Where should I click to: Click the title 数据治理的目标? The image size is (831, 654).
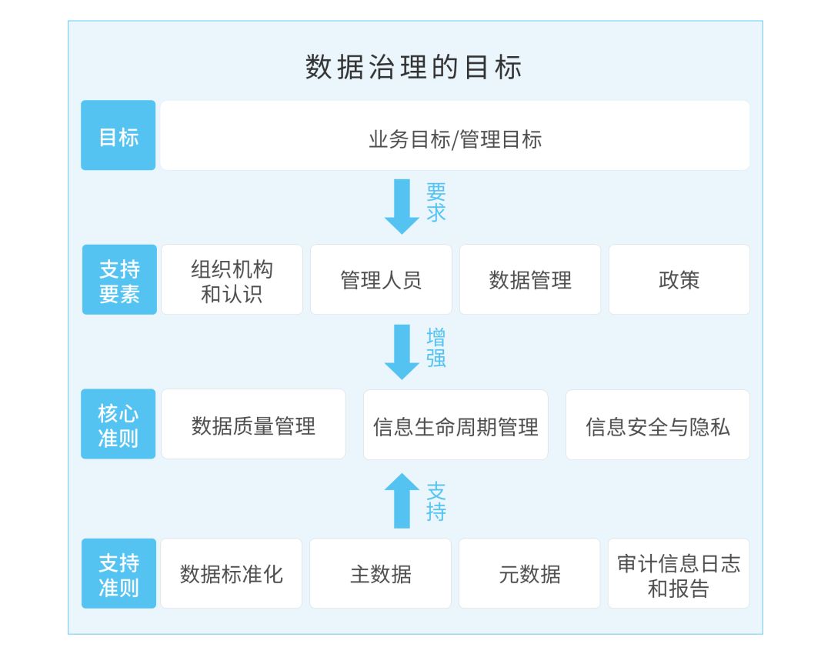coord(414,68)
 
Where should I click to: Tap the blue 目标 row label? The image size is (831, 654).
coord(118,135)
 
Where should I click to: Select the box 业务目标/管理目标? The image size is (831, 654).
coord(455,135)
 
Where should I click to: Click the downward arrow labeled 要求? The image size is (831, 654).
coord(402,205)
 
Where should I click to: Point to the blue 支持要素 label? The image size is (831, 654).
coord(119,280)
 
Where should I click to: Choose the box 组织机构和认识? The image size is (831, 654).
coord(232,280)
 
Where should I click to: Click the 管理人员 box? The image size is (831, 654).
coord(381,280)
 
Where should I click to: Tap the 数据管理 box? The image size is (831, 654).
coord(530,280)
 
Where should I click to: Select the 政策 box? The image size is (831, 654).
coord(679,280)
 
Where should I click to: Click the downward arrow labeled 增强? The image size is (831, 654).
coord(402,351)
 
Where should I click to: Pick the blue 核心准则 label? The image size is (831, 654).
coord(118,425)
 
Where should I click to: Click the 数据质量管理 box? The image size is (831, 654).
coord(253,425)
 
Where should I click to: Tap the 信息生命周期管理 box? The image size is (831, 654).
coord(456,425)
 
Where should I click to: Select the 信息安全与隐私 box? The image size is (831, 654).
coord(658,425)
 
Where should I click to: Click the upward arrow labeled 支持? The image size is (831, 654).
coord(402,500)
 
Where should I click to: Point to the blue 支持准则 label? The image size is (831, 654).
coord(119,574)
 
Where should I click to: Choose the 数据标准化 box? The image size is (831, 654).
coord(231,574)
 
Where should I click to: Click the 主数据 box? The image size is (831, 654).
coord(380,574)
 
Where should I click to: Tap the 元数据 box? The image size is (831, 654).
coord(529,574)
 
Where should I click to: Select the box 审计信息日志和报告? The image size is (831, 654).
coord(678,574)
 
